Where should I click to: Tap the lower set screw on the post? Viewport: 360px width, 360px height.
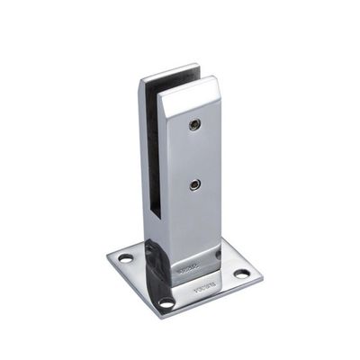pos(195,184)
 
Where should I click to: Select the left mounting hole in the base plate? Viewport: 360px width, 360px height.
pos(126,258)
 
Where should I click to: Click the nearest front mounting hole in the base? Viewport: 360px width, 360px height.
pos(166,302)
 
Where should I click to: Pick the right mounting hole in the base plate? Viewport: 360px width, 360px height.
pos(241,273)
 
